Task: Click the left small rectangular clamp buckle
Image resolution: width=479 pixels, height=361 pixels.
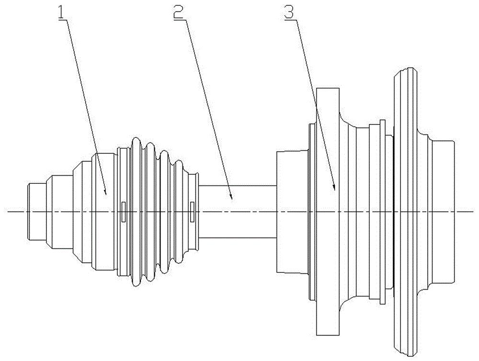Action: pos(124,211)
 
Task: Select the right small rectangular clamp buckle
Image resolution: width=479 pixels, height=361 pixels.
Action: pos(192,211)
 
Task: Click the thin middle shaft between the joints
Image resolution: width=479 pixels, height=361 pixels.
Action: pos(238,211)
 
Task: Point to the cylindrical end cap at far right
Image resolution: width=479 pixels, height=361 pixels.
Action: pos(442,211)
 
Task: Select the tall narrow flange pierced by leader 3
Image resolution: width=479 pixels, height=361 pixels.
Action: pos(328,211)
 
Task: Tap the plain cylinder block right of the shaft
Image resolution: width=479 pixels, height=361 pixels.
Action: pos(292,211)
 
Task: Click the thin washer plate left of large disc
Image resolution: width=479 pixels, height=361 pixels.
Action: pos(383,211)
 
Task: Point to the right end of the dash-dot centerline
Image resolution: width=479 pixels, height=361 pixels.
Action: pos(475,211)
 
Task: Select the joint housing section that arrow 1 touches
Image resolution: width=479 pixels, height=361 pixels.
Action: pos(104,211)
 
